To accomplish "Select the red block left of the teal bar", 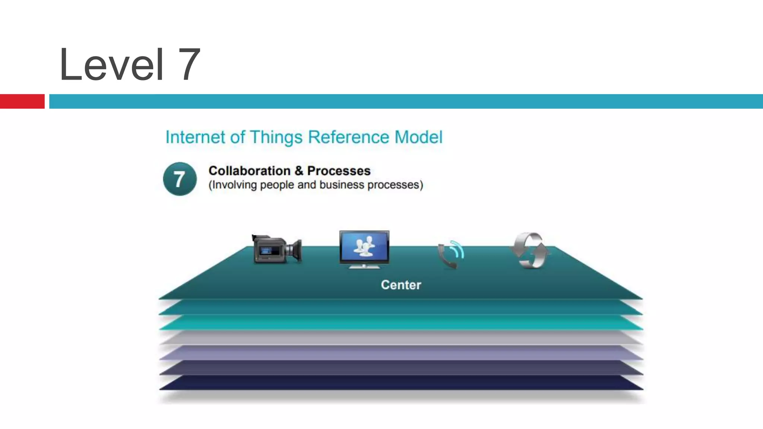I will pos(22,101).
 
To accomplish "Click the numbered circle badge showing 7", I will pos(180,179).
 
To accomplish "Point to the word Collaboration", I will pos(249,171).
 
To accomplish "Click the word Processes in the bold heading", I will pos(339,171).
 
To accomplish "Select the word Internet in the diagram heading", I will pos(195,137).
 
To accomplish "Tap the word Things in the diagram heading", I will pos(276,137).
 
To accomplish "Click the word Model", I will pos(418,137).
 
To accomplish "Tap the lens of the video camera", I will pos(296,250).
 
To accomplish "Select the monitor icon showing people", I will pos(364,249).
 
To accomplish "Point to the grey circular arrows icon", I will pos(531,250).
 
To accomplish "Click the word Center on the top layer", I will pos(401,285).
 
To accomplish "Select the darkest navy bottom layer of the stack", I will pos(401,383).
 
